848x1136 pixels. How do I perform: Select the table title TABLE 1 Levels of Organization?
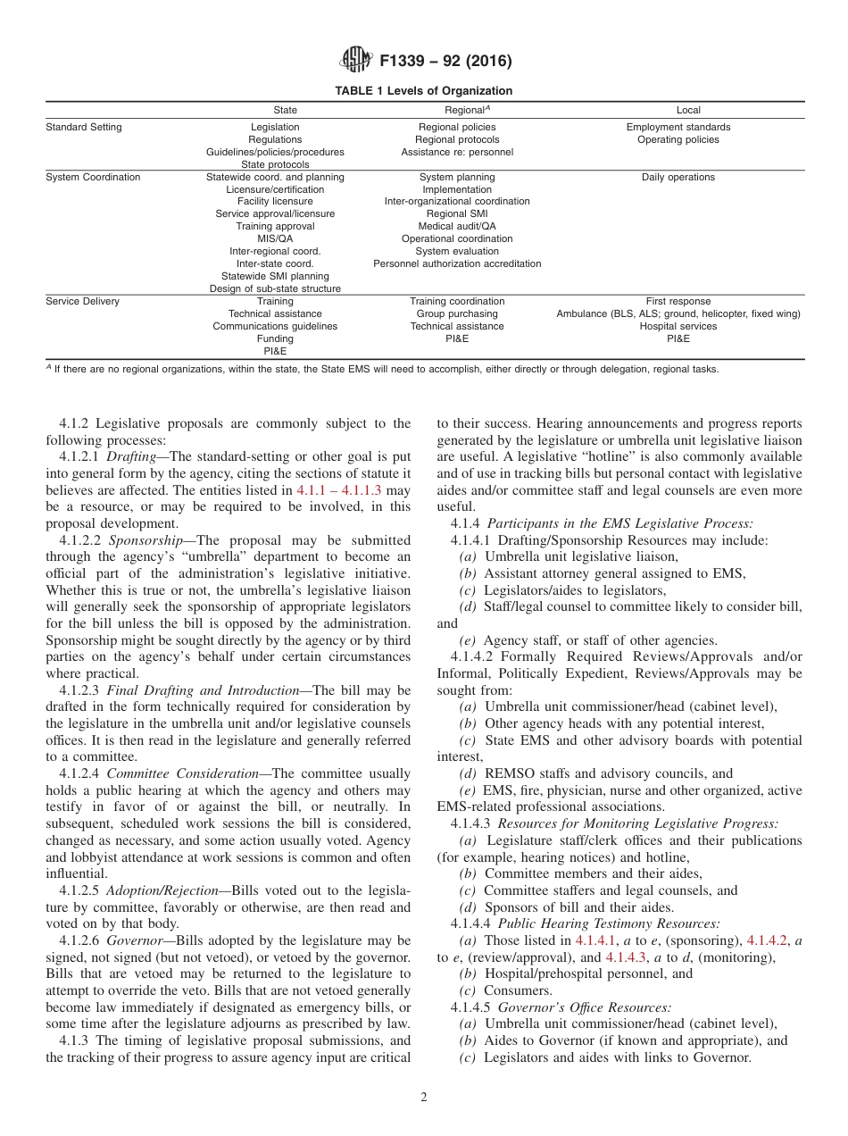pos(424,91)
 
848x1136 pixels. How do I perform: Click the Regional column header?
pos(458,110)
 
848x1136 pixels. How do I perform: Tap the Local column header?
pos(688,111)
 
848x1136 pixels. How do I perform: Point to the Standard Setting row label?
pos(84,127)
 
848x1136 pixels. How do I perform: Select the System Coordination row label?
pos(93,177)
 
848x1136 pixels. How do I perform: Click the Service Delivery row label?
pos(82,301)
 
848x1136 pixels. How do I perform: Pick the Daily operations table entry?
pos(678,177)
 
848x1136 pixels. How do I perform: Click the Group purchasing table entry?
pos(457,313)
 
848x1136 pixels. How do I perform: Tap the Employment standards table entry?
pos(678,127)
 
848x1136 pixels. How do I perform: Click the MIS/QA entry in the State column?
pos(275,239)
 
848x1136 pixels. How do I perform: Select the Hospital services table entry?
pos(678,326)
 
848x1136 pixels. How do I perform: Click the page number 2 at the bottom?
pos(424,1098)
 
